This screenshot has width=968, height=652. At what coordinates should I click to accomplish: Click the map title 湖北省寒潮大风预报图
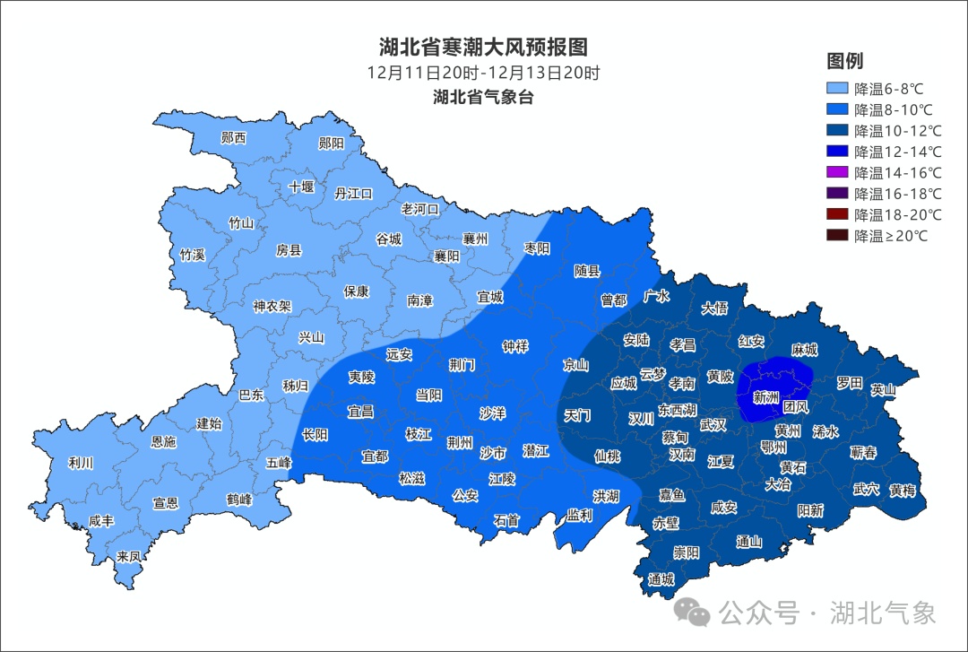(x=483, y=47)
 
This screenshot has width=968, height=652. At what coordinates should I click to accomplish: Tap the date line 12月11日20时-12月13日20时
(x=483, y=73)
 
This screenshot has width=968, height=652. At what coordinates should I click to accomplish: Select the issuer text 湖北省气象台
(x=483, y=97)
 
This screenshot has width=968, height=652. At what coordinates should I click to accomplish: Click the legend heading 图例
(x=844, y=61)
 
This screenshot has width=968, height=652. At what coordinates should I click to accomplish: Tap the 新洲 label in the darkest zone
(x=765, y=397)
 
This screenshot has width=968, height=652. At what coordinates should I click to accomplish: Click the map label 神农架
(x=272, y=306)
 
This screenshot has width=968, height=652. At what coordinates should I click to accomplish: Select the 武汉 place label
(x=713, y=425)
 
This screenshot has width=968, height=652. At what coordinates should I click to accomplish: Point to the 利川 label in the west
(x=81, y=464)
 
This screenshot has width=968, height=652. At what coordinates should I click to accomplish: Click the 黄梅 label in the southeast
(x=903, y=491)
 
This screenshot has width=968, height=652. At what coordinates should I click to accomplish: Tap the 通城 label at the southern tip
(x=661, y=579)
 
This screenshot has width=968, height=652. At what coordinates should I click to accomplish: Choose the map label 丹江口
(x=353, y=193)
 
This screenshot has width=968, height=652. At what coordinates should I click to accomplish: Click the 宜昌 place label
(x=360, y=412)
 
